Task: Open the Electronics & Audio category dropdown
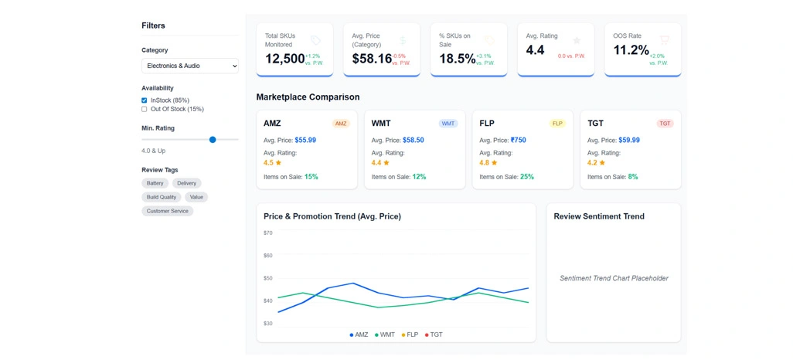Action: click(189, 66)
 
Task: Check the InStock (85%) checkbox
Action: click(145, 100)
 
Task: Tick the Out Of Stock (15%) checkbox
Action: click(145, 110)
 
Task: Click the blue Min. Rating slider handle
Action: click(213, 140)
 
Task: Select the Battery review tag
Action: click(155, 184)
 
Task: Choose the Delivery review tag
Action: click(187, 184)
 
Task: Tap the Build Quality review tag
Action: click(162, 198)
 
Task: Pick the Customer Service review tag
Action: click(168, 212)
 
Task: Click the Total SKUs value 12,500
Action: click(284, 59)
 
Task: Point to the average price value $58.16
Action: click(372, 59)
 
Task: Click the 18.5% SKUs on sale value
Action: click(457, 59)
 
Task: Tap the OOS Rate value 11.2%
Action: click(631, 50)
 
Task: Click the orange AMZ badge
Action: click(341, 124)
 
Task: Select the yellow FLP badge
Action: click(557, 124)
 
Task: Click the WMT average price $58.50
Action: click(414, 141)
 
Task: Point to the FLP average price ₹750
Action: click(519, 141)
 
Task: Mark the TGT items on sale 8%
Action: click(633, 177)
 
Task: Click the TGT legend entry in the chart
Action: click(434, 335)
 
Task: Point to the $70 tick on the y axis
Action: click(268, 233)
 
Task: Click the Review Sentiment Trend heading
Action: click(599, 217)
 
